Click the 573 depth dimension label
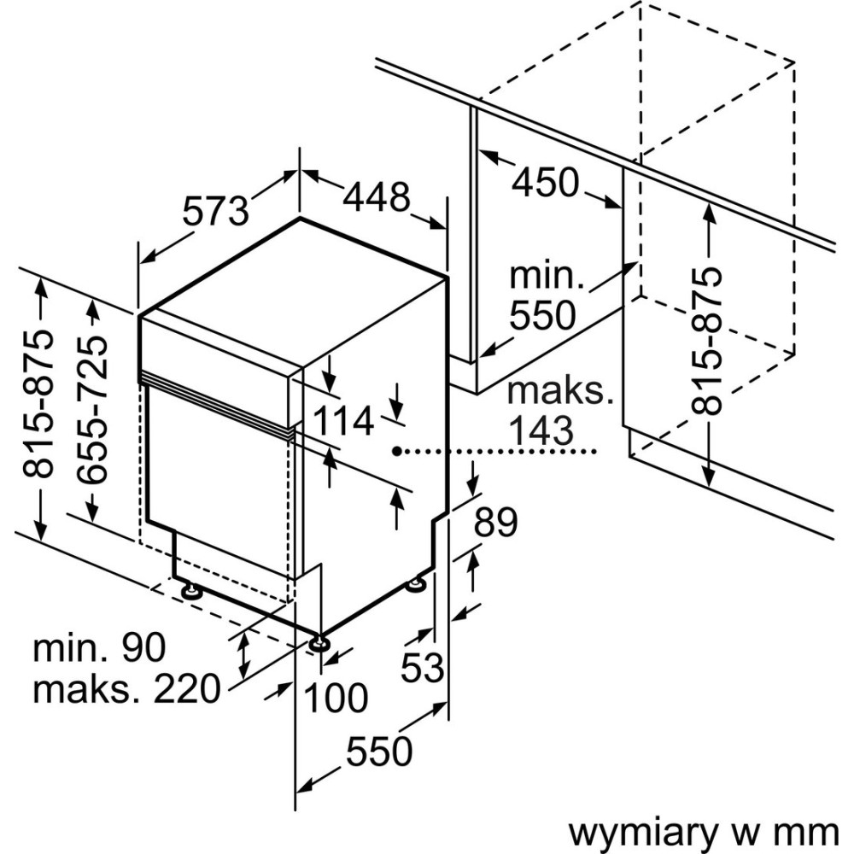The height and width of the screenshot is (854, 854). coord(216,210)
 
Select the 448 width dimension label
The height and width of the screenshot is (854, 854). coord(377,197)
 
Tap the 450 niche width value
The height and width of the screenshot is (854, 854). coord(545,182)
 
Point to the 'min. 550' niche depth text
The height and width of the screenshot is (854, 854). coord(542,295)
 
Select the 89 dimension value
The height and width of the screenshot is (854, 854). coord(495,521)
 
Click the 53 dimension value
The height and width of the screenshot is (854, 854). coord(424,666)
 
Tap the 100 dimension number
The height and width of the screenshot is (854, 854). coord(336,699)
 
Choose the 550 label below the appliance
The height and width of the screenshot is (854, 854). coord(378,752)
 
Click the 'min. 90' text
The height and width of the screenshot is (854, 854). coord(98,649)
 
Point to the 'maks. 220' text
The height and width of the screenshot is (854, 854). coord(126,688)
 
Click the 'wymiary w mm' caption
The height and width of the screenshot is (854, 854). coord(702,829)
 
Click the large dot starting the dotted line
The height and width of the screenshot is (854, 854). coord(395,449)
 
